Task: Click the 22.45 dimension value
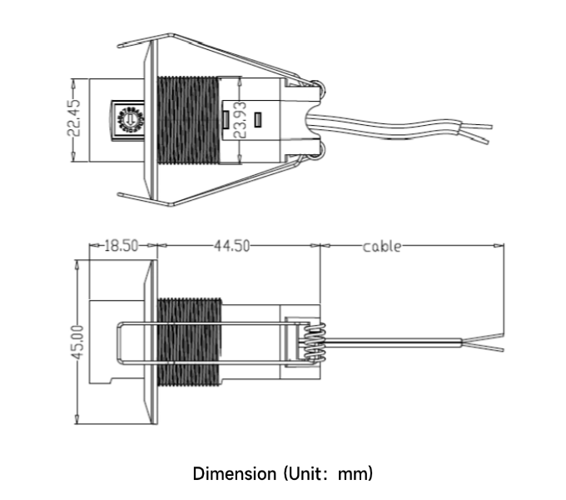(x=74, y=117)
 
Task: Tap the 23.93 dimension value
(x=240, y=120)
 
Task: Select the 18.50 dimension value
(x=122, y=246)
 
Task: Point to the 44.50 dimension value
(x=231, y=246)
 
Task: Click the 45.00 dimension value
(x=77, y=342)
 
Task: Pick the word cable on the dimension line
(x=381, y=247)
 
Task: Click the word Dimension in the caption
(x=235, y=473)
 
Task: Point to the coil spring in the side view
(x=315, y=342)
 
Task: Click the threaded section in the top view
(x=188, y=120)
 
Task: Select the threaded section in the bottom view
(x=190, y=342)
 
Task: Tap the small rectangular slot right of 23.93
(x=257, y=120)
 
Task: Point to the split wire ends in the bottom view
(x=483, y=342)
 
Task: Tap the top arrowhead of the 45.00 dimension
(x=77, y=265)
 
